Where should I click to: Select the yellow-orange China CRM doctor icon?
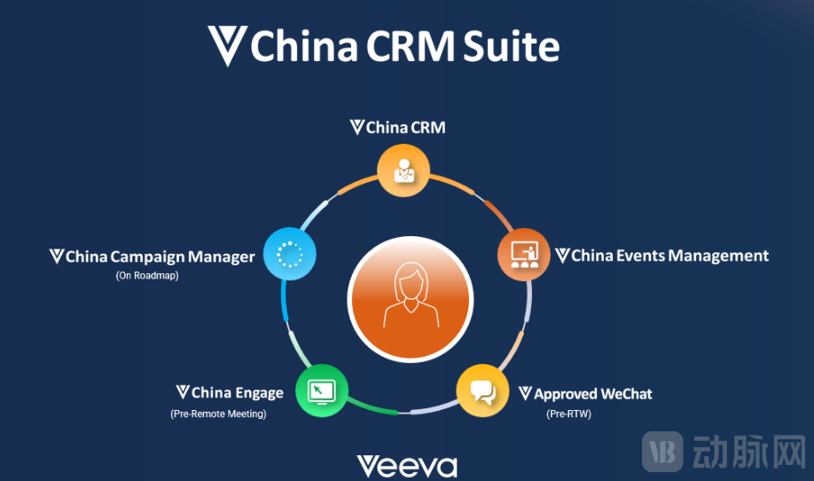[403, 170]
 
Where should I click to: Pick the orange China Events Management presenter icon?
[523, 255]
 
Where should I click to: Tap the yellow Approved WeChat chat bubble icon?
[482, 391]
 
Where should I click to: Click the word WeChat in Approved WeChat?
[626, 393]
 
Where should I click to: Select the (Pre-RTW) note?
[568, 414]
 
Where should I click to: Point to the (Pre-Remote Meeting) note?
[218, 414]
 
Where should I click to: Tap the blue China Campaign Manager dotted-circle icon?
[290, 256]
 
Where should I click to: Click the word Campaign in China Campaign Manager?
[148, 256]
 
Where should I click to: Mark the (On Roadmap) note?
[147, 275]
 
